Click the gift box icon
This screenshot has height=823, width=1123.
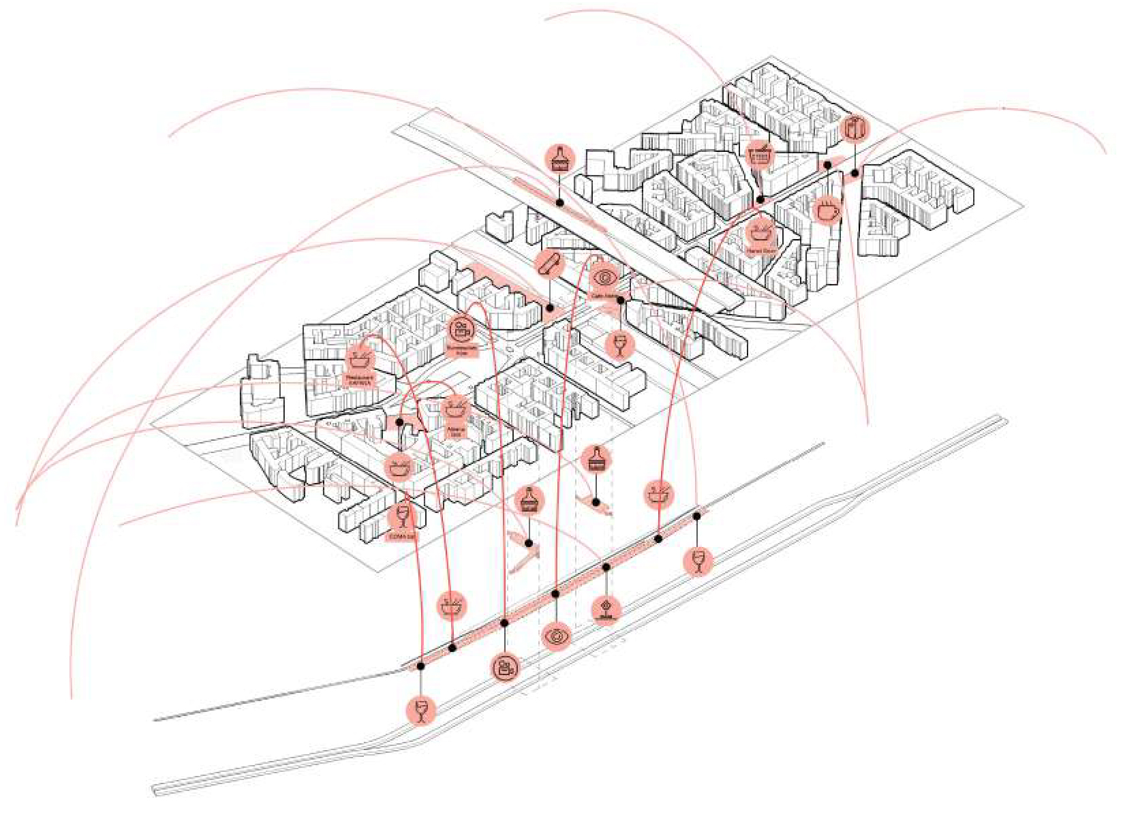click(x=855, y=128)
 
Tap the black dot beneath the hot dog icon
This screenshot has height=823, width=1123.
click(x=550, y=309)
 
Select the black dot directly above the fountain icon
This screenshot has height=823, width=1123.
click(x=606, y=568)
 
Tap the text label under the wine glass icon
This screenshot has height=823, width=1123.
click(x=402, y=538)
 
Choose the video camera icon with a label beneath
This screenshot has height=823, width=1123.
click(x=462, y=330)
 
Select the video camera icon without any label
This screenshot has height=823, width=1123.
click(x=505, y=667)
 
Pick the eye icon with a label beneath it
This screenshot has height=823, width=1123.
click(x=604, y=277)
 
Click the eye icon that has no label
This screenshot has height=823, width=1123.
click(x=557, y=637)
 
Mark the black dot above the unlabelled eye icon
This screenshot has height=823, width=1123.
click(x=555, y=594)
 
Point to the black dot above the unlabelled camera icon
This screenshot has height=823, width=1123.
click(x=504, y=623)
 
